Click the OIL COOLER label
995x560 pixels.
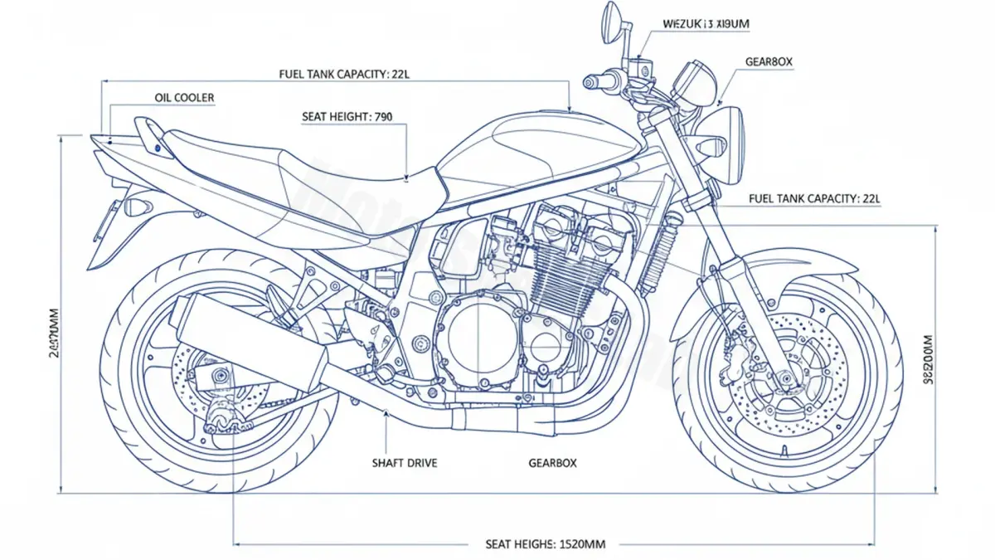184,98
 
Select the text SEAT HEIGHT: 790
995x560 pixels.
347,117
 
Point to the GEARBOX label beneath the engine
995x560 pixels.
552,463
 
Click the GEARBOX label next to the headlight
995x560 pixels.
769,62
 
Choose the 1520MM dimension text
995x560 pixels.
545,544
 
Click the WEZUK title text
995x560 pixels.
706,25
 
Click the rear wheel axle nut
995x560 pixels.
220,376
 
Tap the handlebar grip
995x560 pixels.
599,81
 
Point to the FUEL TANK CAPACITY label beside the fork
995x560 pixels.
813,198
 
